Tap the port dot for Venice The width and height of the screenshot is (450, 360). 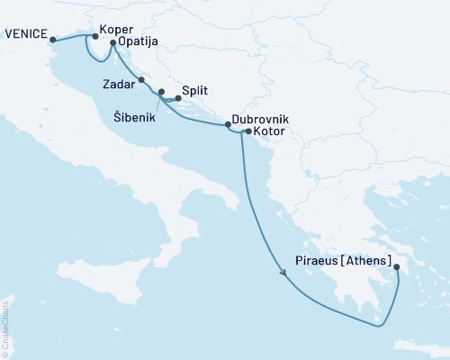tap(53, 40)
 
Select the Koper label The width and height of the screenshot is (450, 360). tap(119, 27)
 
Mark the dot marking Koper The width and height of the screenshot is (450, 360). tap(95, 37)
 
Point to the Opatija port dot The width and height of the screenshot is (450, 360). tap(112, 42)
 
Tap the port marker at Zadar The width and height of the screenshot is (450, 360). tap(141, 80)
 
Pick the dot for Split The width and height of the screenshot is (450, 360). tap(177, 98)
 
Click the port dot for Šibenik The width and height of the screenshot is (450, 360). tap(161, 92)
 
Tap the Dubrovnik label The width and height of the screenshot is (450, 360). tap(261, 117)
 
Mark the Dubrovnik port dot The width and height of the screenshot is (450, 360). tap(228, 125)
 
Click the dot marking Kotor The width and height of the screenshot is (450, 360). tap(248, 131)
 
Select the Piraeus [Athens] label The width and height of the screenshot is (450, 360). tap(344, 263)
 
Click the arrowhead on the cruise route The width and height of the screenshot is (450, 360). tap(286, 276)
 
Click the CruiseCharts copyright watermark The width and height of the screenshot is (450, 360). tap(5, 325)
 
